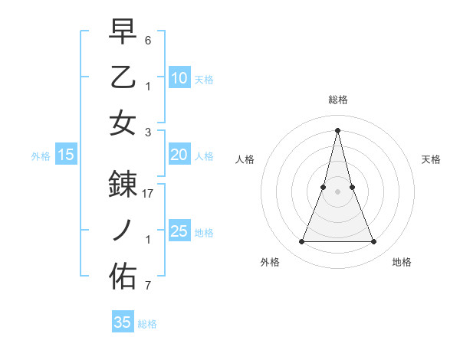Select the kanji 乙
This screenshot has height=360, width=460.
[x=123, y=77]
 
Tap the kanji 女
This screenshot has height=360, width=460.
[x=123, y=123]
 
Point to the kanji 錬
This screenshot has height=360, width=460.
[x=123, y=185]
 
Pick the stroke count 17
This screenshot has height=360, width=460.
[x=149, y=194]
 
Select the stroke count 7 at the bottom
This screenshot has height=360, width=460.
[x=148, y=286]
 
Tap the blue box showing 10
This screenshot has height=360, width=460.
[x=179, y=77]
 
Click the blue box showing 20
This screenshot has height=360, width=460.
[x=179, y=155]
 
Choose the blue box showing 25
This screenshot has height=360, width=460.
[x=179, y=231]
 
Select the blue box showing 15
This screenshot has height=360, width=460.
[x=66, y=155]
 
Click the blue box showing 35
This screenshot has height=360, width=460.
[x=123, y=322]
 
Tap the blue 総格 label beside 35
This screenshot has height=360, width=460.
[x=148, y=324]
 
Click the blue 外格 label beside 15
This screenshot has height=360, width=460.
[x=41, y=156]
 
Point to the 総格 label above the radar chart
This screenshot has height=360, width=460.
[x=337, y=100]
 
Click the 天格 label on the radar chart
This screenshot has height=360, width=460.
[x=432, y=159]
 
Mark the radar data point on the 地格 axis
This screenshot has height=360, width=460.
[x=374, y=242]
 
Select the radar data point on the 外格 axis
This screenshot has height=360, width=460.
[x=301, y=242]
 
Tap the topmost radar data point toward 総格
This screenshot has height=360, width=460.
[x=337, y=129]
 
